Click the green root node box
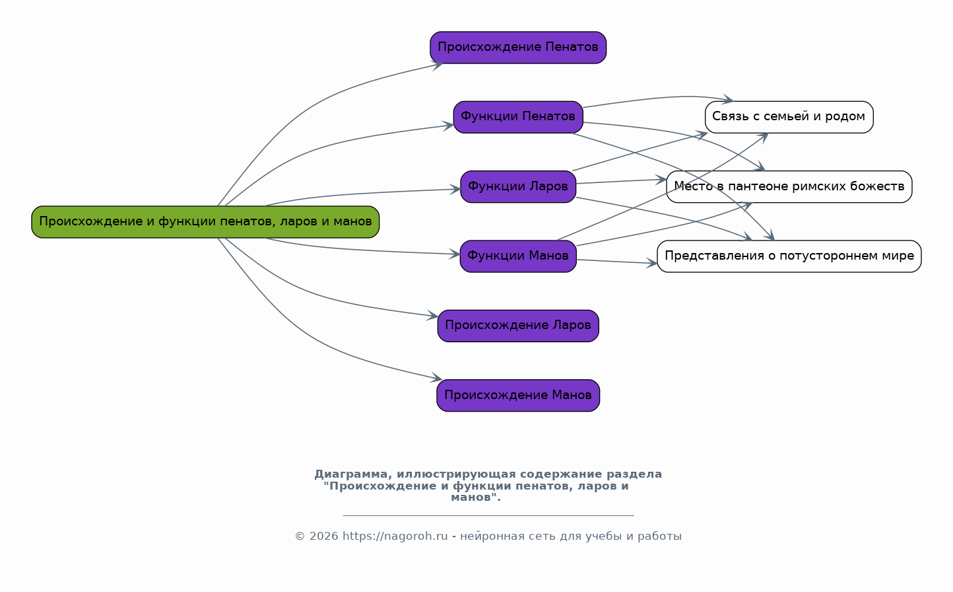pos(205,222)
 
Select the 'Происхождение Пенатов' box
pos(518,48)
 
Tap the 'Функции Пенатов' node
pos(518,117)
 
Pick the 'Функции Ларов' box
pos(518,186)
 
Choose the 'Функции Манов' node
pos(518,256)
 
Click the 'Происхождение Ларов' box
pos(518,326)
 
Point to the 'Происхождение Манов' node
pos(518,395)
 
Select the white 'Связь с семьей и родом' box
pos(789,117)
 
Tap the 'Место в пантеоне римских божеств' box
pos(789,186)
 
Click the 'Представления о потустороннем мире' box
pos(789,256)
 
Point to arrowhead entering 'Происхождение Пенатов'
pos(438,65)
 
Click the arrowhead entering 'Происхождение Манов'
pos(438,377)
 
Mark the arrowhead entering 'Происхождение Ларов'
pos(433,316)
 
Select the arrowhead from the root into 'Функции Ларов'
pos(455,189)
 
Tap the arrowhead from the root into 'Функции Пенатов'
pos(448,126)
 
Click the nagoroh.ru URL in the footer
pos(395,536)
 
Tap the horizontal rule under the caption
pos(488,515)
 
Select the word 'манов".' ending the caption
pos(476,498)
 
